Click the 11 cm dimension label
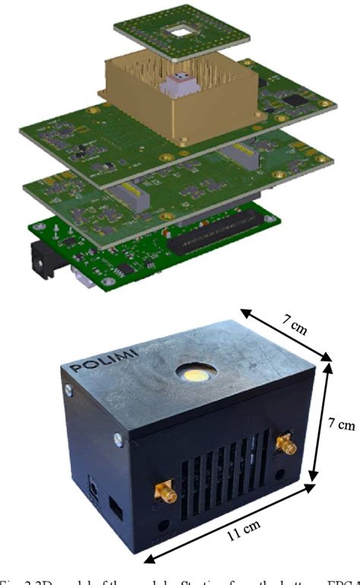tap(243, 550)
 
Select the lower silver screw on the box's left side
tap(117, 438)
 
